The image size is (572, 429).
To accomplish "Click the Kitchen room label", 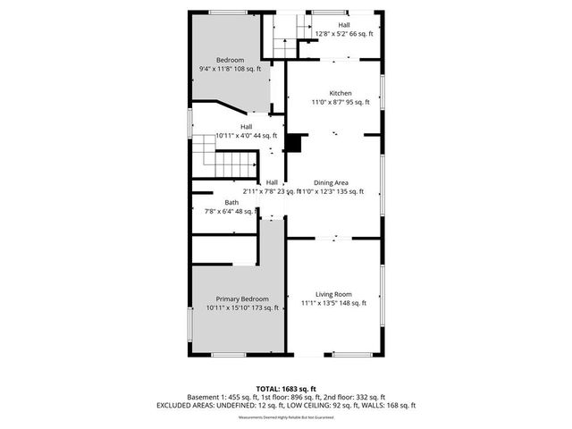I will [340, 93].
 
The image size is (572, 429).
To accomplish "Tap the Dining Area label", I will [342, 182].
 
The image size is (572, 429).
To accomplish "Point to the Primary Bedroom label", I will [242, 299].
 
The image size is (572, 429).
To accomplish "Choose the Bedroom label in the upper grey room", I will [230, 60].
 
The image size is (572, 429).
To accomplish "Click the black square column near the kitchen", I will [295, 143].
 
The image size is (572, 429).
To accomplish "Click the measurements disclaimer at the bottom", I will [285, 417].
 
